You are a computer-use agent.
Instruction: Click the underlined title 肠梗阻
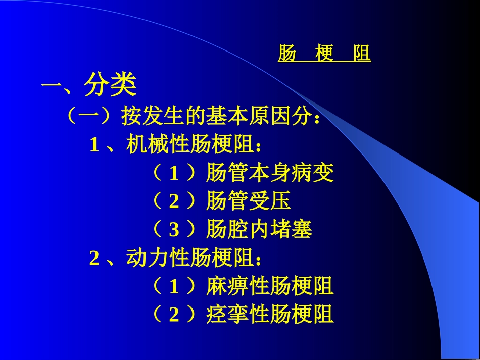pyautogui.click(x=324, y=54)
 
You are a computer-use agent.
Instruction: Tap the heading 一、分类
pyautogui.click(x=89, y=85)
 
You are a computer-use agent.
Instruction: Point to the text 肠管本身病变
pyautogui.click(x=270, y=174)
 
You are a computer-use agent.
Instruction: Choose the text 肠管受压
pyautogui.click(x=249, y=201)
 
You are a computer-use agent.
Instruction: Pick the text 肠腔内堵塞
pyautogui.click(x=259, y=230)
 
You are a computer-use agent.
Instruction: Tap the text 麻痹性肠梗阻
pyautogui.click(x=270, y=287)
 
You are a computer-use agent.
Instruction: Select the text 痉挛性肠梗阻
pyautogui.click(x=270, y=315)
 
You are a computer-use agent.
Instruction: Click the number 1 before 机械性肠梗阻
pyautogui.click(x=94, y=146)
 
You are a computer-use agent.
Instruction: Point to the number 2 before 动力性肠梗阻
pyautogui.click(x=94, y=259)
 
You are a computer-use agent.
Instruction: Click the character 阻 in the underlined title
pyautogui.click(x=362, y=54)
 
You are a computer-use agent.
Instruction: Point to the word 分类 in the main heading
pyautogui.click(x=110, y=85)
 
